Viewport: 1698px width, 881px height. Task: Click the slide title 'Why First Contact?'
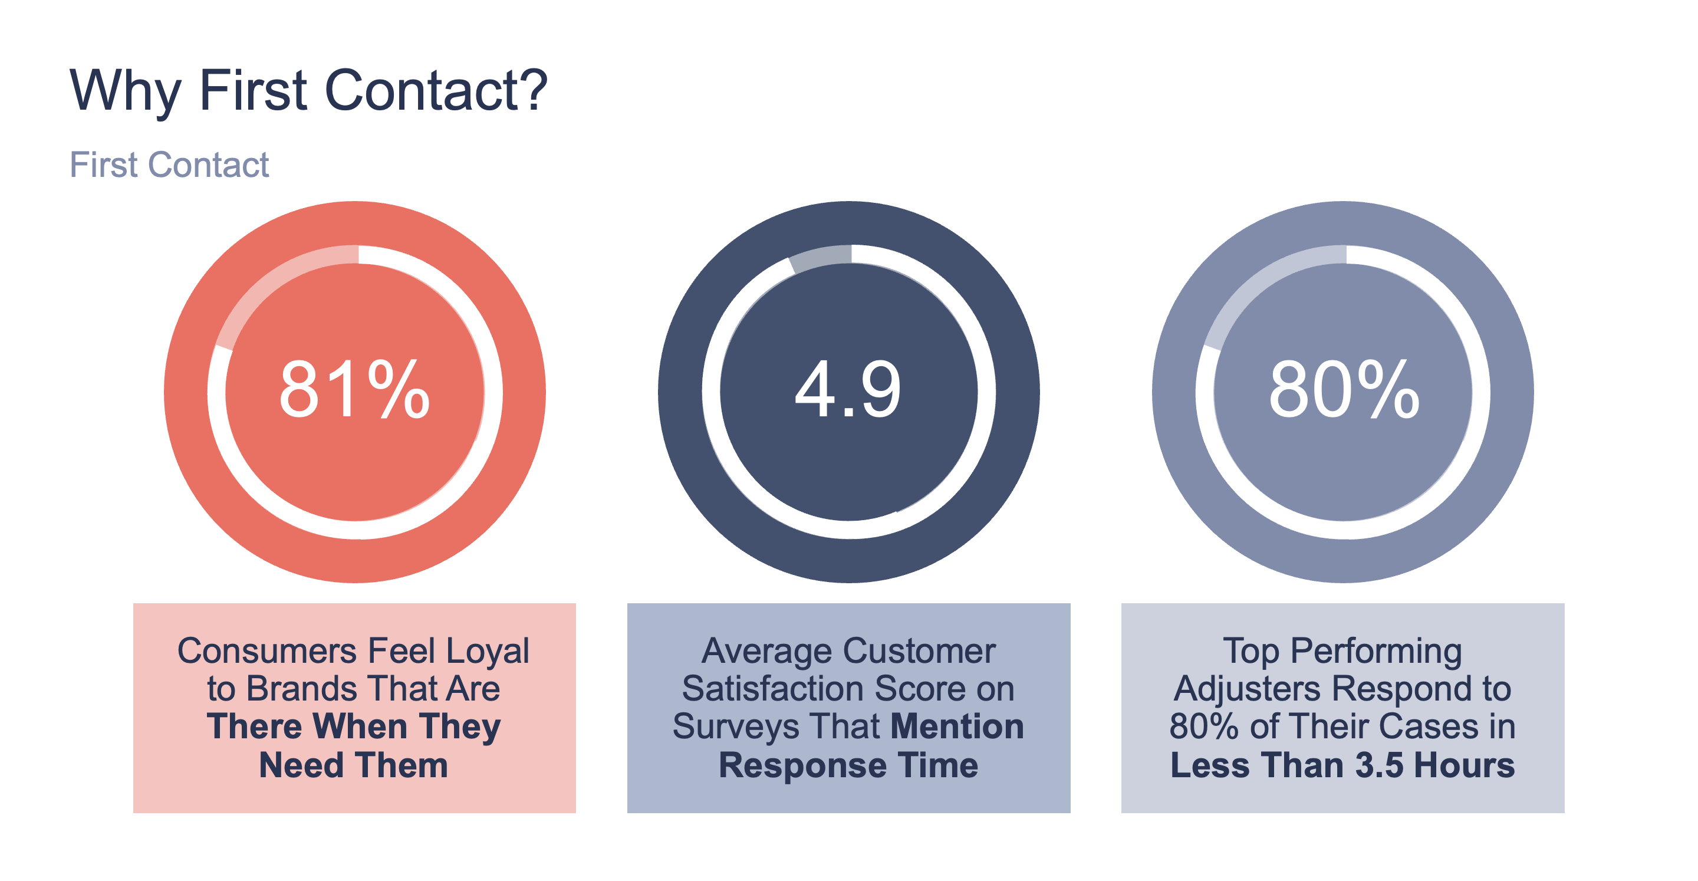[308, 90]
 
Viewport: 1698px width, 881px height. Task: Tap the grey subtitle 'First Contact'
[169, 165]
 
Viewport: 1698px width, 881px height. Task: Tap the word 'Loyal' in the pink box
[487, 651]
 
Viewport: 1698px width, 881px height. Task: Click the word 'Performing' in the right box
[1375, 651]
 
